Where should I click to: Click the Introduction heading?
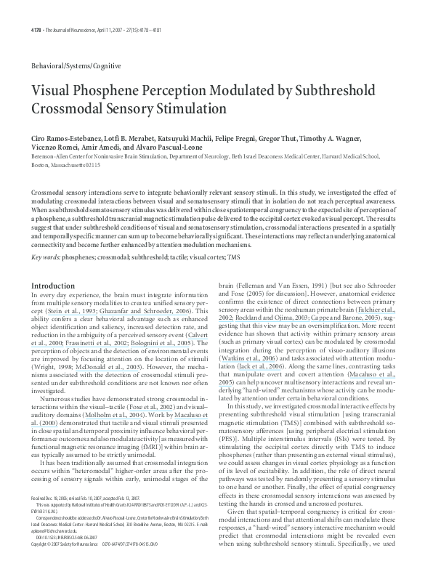(x=53, y=286)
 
